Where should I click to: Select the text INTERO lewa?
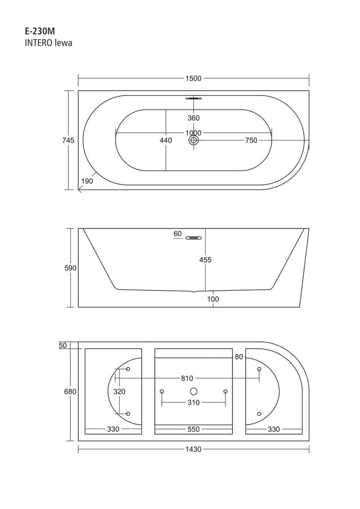[48, 43]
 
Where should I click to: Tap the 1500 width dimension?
[193, 79]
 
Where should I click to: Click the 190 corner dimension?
[87, 181]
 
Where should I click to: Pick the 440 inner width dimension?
[166, 141]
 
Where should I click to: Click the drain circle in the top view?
[193, 141]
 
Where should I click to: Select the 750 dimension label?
[251, 141]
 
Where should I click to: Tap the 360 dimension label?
[193, 118]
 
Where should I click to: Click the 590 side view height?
[70, 268]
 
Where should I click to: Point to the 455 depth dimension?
[205, 260]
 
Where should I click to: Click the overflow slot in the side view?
[194, 238]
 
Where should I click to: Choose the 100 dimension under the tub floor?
[213, 299]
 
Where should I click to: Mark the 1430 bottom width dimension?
[193, 449]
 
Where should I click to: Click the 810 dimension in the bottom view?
[187, 379]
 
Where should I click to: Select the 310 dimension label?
[193, 403]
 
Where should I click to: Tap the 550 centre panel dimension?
[193, 429]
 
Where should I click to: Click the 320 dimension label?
[119, 391]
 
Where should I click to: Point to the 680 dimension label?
[70, 391]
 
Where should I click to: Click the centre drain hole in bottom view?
[193, 391]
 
